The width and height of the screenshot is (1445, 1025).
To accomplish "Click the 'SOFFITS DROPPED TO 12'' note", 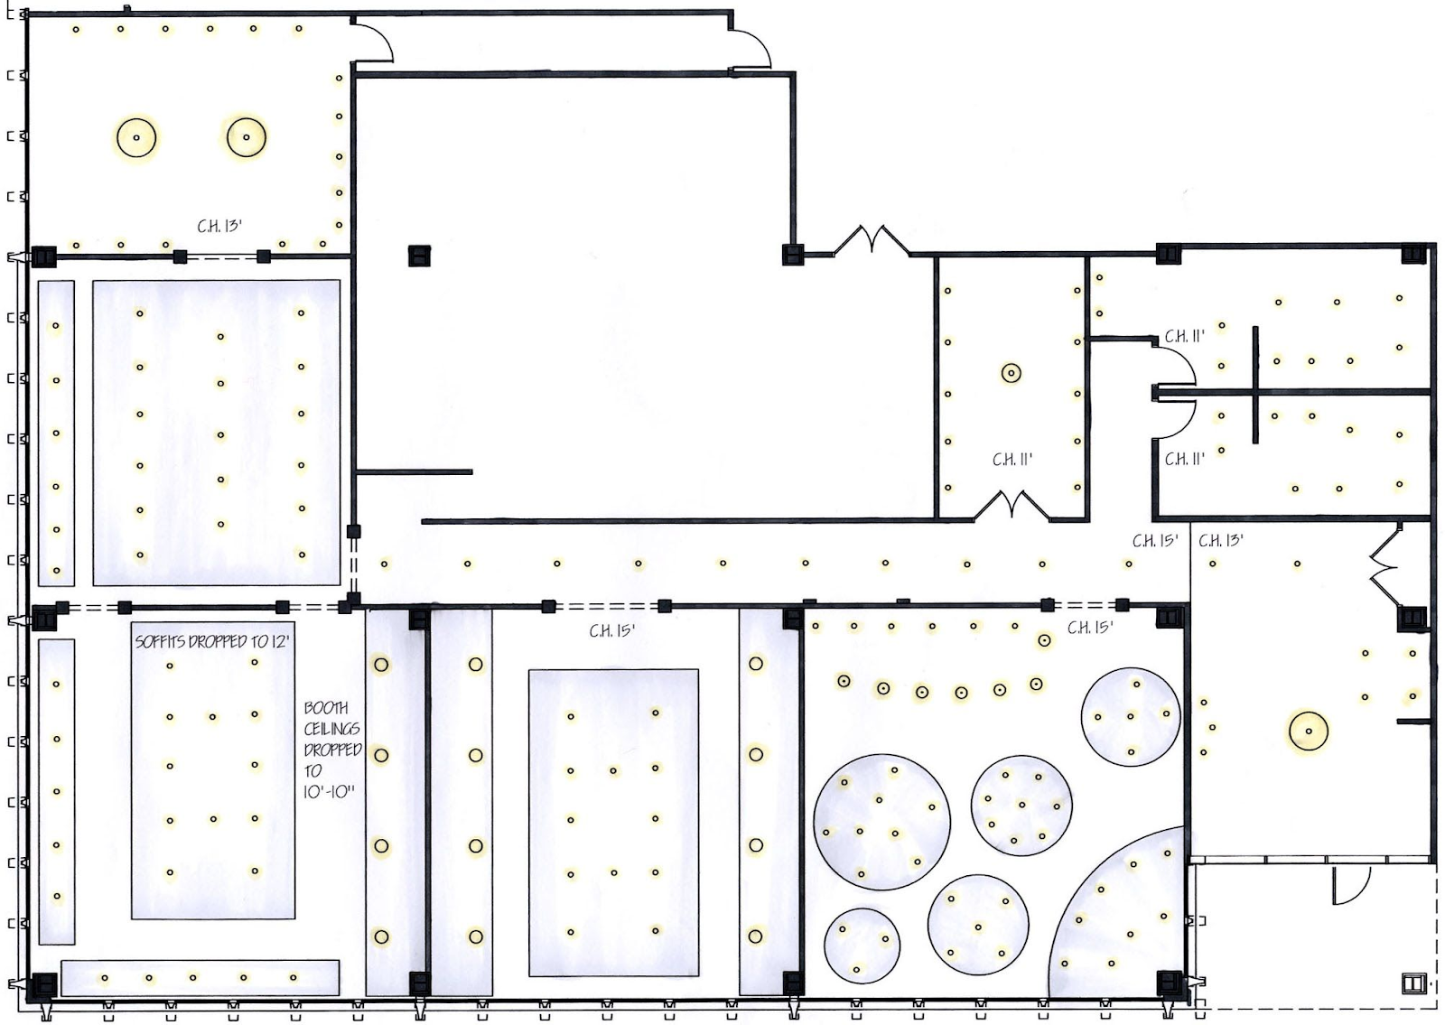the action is click(x=211, y=642).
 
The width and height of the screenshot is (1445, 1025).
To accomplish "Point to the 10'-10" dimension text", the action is click(x=330, y=791).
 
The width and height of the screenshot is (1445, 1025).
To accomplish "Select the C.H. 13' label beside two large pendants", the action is click(x=219, y=226).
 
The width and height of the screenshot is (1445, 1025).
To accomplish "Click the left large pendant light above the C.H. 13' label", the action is click(x=136, y=137).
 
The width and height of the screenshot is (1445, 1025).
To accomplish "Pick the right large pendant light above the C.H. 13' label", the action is click(x=247, y=136).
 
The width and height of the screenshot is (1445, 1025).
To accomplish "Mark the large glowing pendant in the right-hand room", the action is click(x=1309, y=731).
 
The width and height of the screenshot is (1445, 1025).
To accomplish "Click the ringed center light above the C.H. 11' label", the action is click(x=1011, y=373).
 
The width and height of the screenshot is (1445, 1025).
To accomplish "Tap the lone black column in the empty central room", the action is click(x=419, y=256).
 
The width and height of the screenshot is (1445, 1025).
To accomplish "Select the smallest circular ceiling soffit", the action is click(x=862, y=946).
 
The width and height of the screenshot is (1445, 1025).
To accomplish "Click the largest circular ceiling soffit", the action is click(x=881, y=823).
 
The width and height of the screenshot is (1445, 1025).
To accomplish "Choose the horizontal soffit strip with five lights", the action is click(x=200, y=978).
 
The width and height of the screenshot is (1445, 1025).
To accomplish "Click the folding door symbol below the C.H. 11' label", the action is click(x=1011, y=505).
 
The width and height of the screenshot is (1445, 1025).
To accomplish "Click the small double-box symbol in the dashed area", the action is click(x=1412, y=983).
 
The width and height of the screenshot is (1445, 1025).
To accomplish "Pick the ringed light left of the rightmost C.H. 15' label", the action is click(x=1044, y=640).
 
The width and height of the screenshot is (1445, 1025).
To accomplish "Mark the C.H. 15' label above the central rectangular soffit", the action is click(x=612, y=631).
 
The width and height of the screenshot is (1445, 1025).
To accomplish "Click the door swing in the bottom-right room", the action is click(x=1351, y=885).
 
